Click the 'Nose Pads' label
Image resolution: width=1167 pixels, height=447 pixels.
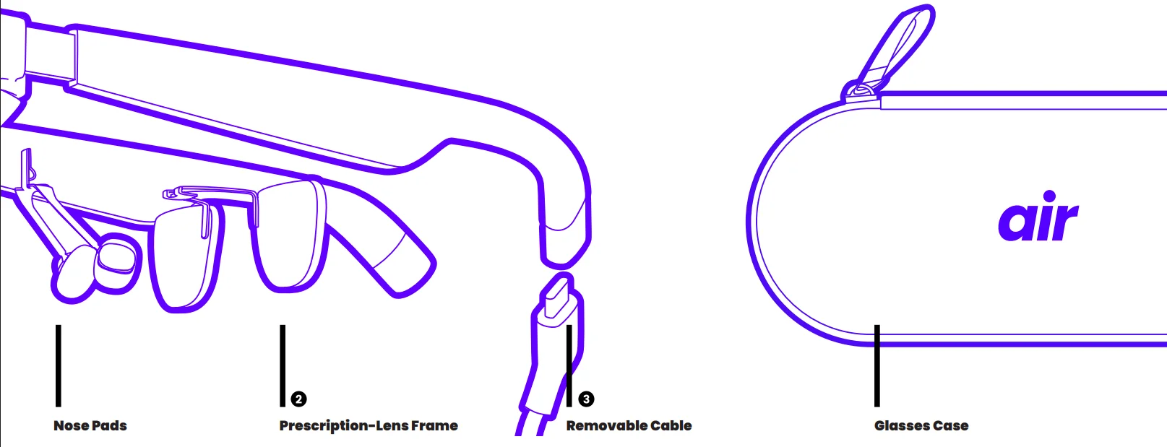pos(90,425)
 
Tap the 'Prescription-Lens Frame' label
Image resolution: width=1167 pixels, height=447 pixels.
pos(369,425)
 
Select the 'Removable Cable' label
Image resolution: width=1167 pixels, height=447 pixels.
pos(629,425)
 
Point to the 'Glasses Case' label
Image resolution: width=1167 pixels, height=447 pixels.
pos(921,425)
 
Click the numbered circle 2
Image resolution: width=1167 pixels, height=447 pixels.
pos(298,399)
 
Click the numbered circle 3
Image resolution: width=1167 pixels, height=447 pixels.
pos(586,399)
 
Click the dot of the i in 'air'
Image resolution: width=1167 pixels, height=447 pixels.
pos(1049,196)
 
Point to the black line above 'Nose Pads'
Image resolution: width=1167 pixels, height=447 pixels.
pos(59,366)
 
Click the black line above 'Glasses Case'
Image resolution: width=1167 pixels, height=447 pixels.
pos(877,366)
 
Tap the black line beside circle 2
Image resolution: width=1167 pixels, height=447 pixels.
pos(283,366)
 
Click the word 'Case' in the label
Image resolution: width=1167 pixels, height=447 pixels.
pos(951,425)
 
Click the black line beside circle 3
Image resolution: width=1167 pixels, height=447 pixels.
pos(569,366)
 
